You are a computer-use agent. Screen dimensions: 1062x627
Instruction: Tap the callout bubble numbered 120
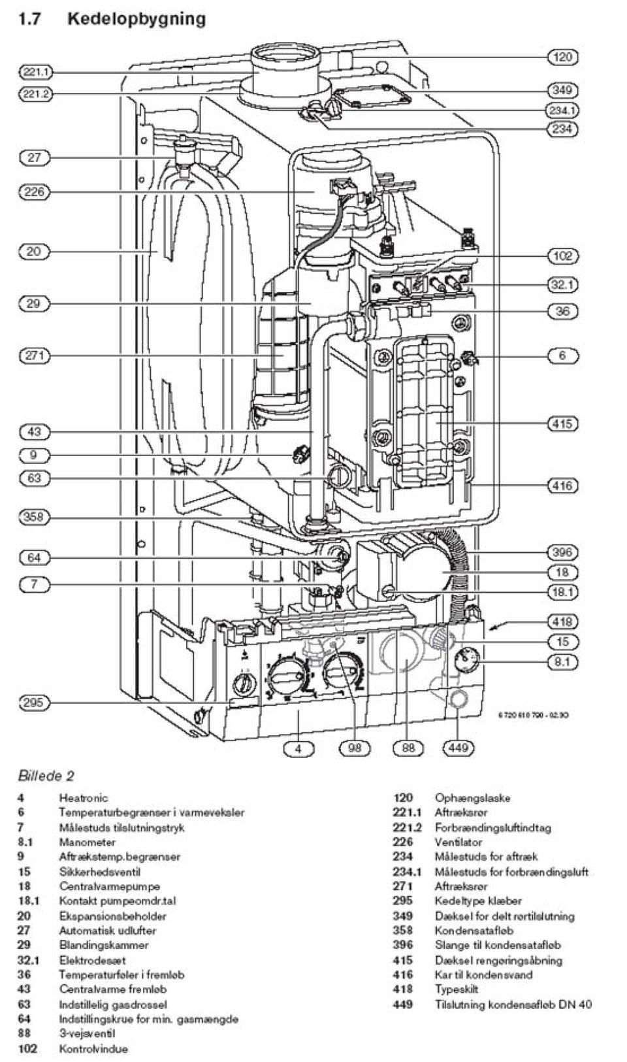562,57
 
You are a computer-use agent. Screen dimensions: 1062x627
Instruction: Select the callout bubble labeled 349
562,90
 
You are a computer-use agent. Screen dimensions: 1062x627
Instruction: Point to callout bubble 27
34,158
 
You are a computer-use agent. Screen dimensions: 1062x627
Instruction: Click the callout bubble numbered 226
34,191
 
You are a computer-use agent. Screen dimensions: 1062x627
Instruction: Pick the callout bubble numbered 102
562,256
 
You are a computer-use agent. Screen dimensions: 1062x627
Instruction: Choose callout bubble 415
562,423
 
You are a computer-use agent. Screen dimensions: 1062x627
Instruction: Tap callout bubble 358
34,517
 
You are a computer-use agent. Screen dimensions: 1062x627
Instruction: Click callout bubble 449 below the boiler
458,748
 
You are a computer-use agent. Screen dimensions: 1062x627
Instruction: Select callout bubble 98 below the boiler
355,748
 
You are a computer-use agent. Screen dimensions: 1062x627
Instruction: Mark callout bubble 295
34,703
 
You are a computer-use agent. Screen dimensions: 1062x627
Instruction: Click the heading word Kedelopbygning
137,19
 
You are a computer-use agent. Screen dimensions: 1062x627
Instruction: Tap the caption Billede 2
46,776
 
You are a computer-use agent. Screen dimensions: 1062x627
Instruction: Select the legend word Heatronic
84,798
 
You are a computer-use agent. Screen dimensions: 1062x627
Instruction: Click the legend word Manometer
87,842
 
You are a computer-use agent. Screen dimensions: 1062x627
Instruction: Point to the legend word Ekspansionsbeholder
112,916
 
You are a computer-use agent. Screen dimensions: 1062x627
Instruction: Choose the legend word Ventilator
458,842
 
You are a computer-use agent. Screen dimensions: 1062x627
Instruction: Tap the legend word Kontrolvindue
93,1049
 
